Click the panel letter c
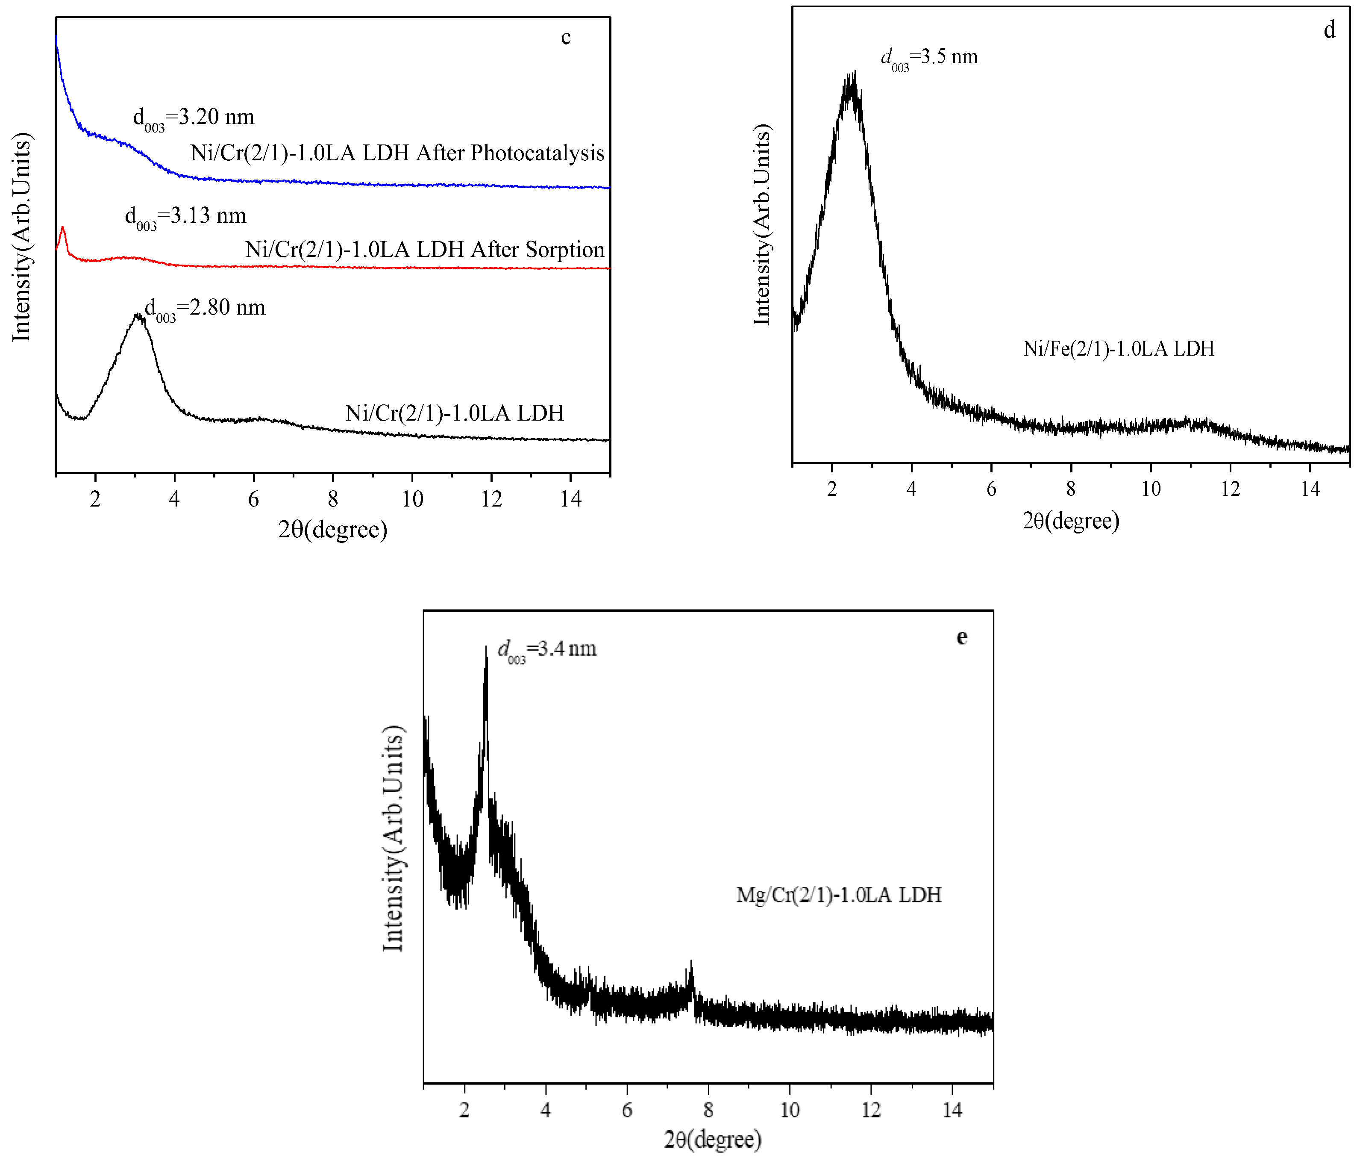[x=566, y=38]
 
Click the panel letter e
[x=961, y=637]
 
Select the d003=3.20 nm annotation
[x=194, y=118]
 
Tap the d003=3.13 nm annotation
[x=185, y=217]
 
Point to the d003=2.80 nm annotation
[x=205, y=309]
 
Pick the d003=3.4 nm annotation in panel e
[x=547, y=650]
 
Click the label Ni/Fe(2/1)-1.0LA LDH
[x=1119, y=348]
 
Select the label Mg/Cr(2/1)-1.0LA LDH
[x=838, y=895]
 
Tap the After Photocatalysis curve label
[x=397, y=153]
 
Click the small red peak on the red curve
[x=62, y=229]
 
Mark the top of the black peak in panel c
[x=138, y=316]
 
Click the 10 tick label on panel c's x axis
[x=412, y=499]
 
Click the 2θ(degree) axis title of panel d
[x=1071, y=521]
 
